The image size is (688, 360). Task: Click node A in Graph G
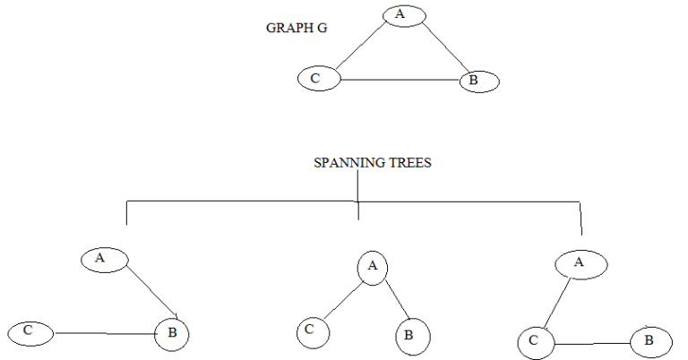coord(403,14)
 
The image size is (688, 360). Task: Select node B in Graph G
coord(478,81)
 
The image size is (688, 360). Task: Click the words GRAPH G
coord(297,28)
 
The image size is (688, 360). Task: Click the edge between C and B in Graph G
coord(399,81)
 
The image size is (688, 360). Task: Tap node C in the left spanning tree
coord(30,331)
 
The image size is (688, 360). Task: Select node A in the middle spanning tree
coord(374,266)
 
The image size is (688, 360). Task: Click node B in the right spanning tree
coord(651,341)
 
